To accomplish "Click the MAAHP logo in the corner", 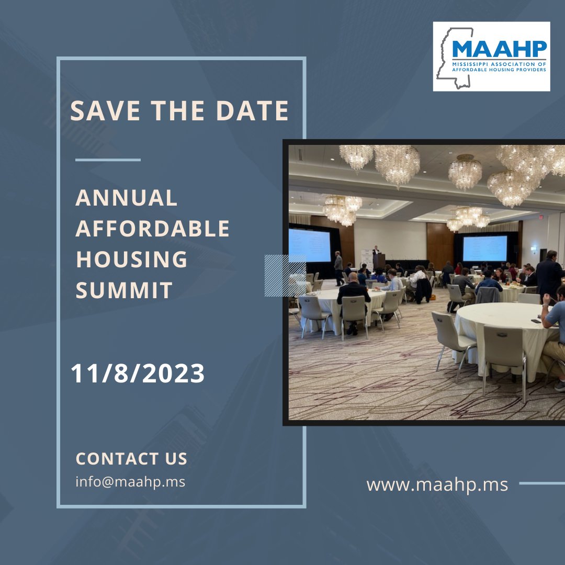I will (491, 56).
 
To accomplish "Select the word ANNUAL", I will (127, 198).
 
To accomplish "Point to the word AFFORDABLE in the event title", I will (153, 229).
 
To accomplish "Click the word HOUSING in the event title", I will (131, 259).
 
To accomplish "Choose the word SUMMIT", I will (124, 290).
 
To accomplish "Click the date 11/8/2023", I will (138, 374).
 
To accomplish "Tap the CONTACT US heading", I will (131, 459).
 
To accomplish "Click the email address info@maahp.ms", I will (130, 481).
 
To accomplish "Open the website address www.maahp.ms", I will (437, 484).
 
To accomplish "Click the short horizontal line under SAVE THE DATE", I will (108, 160).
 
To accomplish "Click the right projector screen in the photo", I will (484, 248).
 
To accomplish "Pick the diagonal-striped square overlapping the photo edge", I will (285, 275).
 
